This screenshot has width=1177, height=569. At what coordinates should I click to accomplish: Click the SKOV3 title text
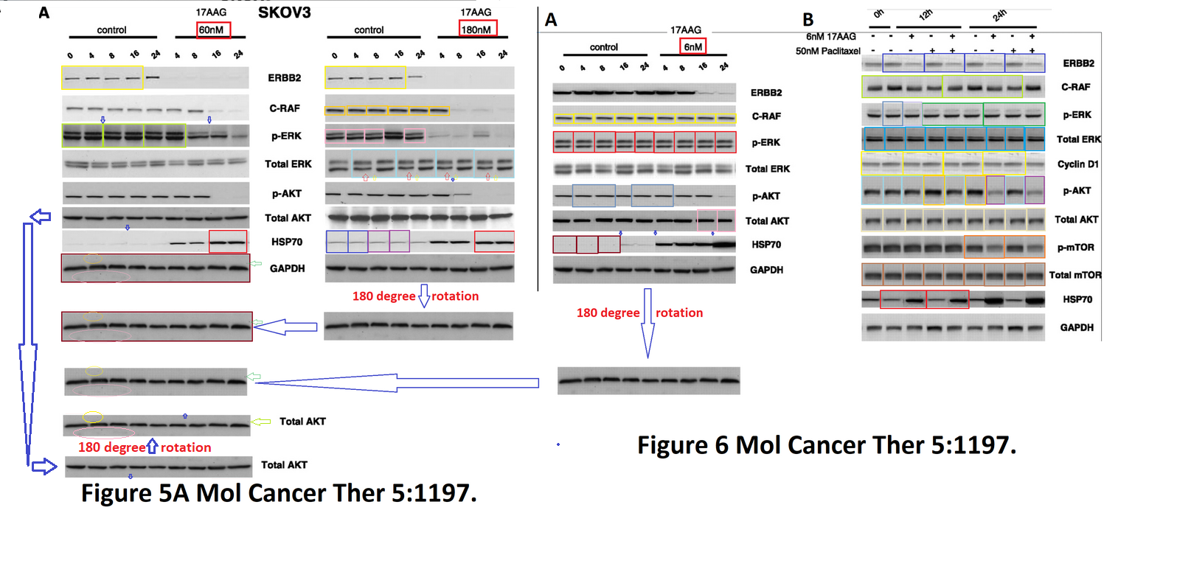tap(284, 13)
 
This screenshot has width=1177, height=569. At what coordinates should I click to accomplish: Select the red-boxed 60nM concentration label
tap(213, 30)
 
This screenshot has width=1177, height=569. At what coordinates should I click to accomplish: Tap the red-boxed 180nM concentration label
tap(477, 29)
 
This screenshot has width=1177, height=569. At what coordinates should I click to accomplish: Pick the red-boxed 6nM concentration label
tap(692, 46)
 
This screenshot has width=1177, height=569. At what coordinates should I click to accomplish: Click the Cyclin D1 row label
tap(1077, 164)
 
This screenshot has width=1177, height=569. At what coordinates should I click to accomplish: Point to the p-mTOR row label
tap(1075, 248)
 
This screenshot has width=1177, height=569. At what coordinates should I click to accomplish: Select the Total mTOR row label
tap(1074, 275)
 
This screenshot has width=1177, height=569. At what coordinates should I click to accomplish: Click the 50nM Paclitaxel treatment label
tap(827, 51)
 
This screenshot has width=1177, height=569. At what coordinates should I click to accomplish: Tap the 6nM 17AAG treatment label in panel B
tap(830, 36)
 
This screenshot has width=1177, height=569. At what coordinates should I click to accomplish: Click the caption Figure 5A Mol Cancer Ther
tap(279, 492)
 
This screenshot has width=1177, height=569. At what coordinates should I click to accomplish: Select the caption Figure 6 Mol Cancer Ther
tap(826, 445)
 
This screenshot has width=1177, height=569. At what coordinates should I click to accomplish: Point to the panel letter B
tap(808, 20)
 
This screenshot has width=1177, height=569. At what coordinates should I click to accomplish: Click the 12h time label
tap(926, 15)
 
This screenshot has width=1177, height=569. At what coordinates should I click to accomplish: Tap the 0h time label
tap(878, 14)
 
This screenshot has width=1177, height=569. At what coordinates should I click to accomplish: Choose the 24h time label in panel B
tap(999, 15)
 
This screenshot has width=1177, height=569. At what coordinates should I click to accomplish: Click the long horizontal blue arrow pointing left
tap(398, 383)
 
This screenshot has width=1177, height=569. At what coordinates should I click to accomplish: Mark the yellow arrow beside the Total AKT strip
tap(261, 422)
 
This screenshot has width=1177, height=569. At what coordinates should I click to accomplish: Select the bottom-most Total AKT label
tap(284, 465)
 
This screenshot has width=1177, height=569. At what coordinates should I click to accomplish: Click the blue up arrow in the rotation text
tap(153, 446)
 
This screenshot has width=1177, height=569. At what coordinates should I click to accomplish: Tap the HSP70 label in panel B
tap(1077, 299)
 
